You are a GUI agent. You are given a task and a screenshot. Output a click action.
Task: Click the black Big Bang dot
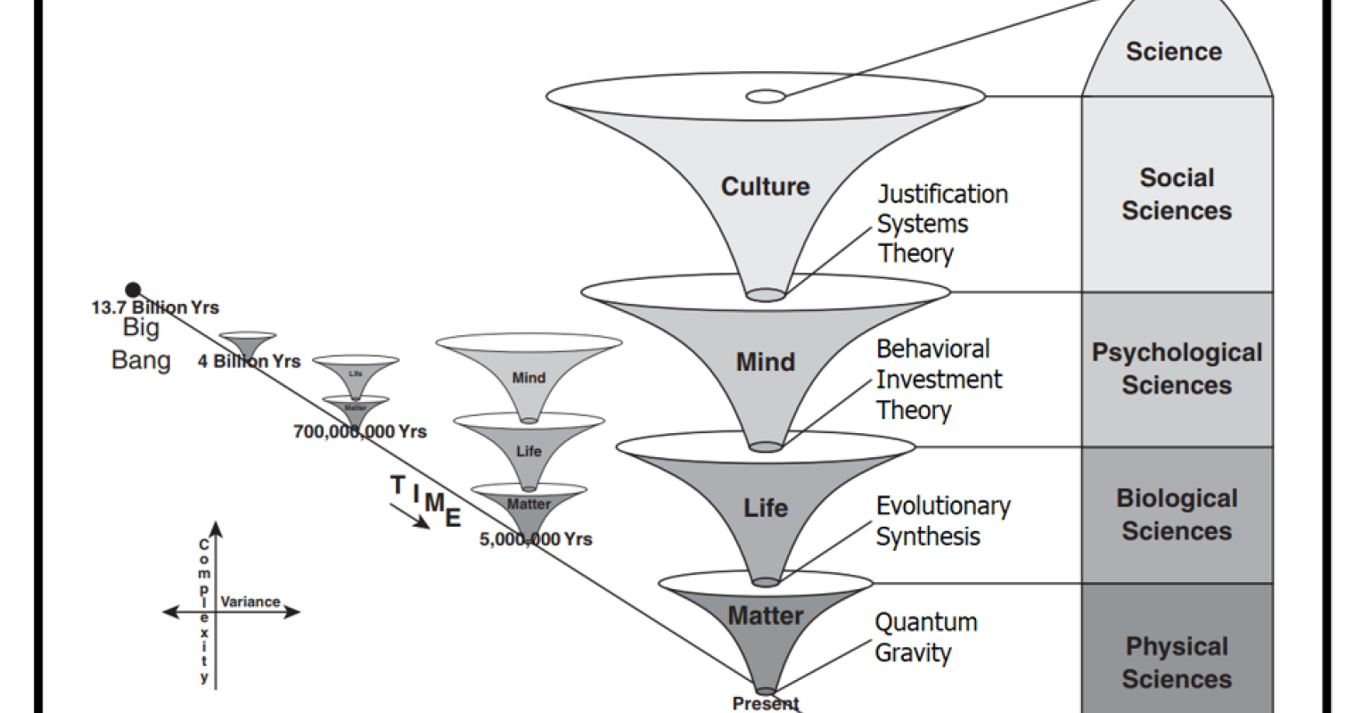(133, 289)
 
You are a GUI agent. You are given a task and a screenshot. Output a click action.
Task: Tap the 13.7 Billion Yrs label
(155, 307)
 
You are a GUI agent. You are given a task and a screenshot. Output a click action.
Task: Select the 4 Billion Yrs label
(249, 362)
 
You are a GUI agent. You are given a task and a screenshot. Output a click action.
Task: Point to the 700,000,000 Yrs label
(360, 431)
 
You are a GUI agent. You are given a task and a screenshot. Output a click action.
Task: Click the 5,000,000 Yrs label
(536, 538)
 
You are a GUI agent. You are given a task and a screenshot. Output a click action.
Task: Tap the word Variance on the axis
(250, 602)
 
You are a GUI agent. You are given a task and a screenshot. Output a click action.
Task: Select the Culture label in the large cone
(765, 186)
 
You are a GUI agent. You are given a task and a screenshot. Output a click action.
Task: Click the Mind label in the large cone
(765, 362)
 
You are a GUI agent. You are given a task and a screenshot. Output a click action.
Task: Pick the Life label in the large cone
(766, 508)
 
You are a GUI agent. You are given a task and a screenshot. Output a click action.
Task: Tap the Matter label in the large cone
(766, 615)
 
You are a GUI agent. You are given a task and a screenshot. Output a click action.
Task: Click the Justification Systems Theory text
(941, 223)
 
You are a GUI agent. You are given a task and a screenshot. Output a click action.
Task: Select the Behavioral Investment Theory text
(938, 379)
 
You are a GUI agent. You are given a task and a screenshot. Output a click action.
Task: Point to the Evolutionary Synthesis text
(942, 520)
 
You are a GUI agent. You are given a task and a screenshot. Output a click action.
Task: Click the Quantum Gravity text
(925, 636)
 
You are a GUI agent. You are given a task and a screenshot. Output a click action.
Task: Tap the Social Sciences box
(1177, 193)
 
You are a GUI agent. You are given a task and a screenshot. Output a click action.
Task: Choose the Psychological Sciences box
(1177, 368)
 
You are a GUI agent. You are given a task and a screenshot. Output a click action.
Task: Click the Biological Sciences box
(1177, 514)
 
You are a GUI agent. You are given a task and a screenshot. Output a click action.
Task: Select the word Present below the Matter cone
(766, 703)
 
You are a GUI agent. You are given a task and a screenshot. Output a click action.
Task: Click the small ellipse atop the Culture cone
(766, 95)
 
